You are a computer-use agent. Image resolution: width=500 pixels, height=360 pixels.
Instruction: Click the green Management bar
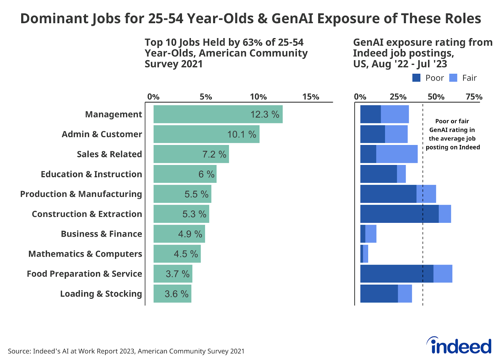[218, 114]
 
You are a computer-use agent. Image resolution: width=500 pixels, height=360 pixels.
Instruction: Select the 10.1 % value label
[242, 134]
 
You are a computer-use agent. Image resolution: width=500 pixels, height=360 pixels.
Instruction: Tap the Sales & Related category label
[109, 154]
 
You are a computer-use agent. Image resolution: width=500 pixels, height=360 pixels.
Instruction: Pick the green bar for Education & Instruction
[185, 174]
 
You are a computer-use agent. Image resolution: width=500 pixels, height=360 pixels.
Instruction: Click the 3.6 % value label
[177, 294]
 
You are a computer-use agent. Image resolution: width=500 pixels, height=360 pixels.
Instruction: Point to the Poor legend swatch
[416, 78]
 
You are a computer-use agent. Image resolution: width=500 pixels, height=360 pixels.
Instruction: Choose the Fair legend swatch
[453, 78]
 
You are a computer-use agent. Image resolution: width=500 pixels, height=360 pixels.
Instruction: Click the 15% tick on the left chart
[311, 97]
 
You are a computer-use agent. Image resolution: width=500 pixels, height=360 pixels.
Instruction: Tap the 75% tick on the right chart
[474, 97]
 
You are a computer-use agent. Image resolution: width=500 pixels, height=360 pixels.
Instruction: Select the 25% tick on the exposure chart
[398, 97]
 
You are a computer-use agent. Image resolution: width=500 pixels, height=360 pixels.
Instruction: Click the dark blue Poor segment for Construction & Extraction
[399, 214]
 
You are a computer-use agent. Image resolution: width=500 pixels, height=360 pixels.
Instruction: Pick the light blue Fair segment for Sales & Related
[397, 154]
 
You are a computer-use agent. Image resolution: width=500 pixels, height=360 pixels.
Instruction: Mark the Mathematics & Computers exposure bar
[364, 254]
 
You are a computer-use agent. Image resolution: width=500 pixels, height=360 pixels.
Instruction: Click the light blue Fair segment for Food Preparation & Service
[442, 274]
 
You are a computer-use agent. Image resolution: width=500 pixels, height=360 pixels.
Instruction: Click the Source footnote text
[126, 351]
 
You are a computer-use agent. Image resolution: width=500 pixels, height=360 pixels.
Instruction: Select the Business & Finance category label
[101, 234]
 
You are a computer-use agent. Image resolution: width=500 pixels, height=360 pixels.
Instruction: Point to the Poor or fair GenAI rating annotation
[452, 134]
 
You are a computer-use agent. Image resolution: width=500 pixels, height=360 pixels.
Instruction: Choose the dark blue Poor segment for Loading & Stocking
[379, 294]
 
